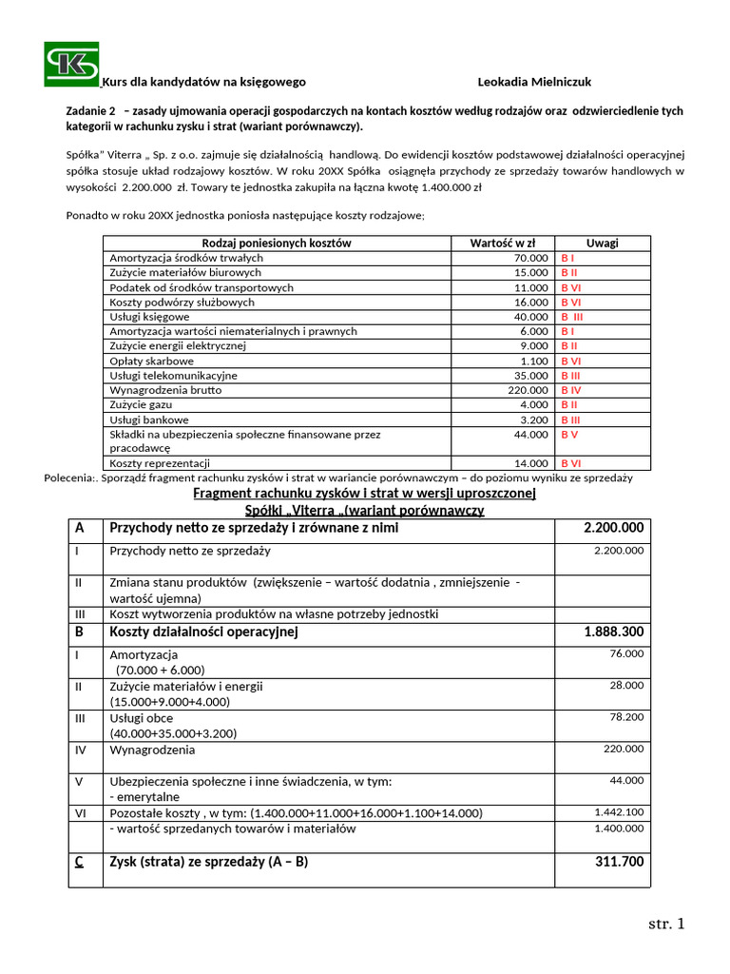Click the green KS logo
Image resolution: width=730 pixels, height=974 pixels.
71,64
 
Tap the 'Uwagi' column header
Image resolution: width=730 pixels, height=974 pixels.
602,243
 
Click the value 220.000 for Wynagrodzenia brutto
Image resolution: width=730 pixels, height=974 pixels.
528,390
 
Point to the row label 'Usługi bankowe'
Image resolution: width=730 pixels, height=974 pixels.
149,419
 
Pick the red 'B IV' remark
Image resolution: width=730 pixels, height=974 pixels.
571,390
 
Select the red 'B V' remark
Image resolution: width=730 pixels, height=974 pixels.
569,435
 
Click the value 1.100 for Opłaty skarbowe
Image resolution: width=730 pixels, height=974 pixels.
534,361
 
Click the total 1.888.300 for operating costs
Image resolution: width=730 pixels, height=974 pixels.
613,632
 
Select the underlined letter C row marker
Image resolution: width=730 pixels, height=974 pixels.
79,862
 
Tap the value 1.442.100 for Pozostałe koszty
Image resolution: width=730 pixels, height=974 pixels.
619,811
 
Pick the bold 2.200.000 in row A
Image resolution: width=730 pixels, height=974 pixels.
613,528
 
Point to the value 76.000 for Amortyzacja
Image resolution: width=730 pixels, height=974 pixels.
625,653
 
